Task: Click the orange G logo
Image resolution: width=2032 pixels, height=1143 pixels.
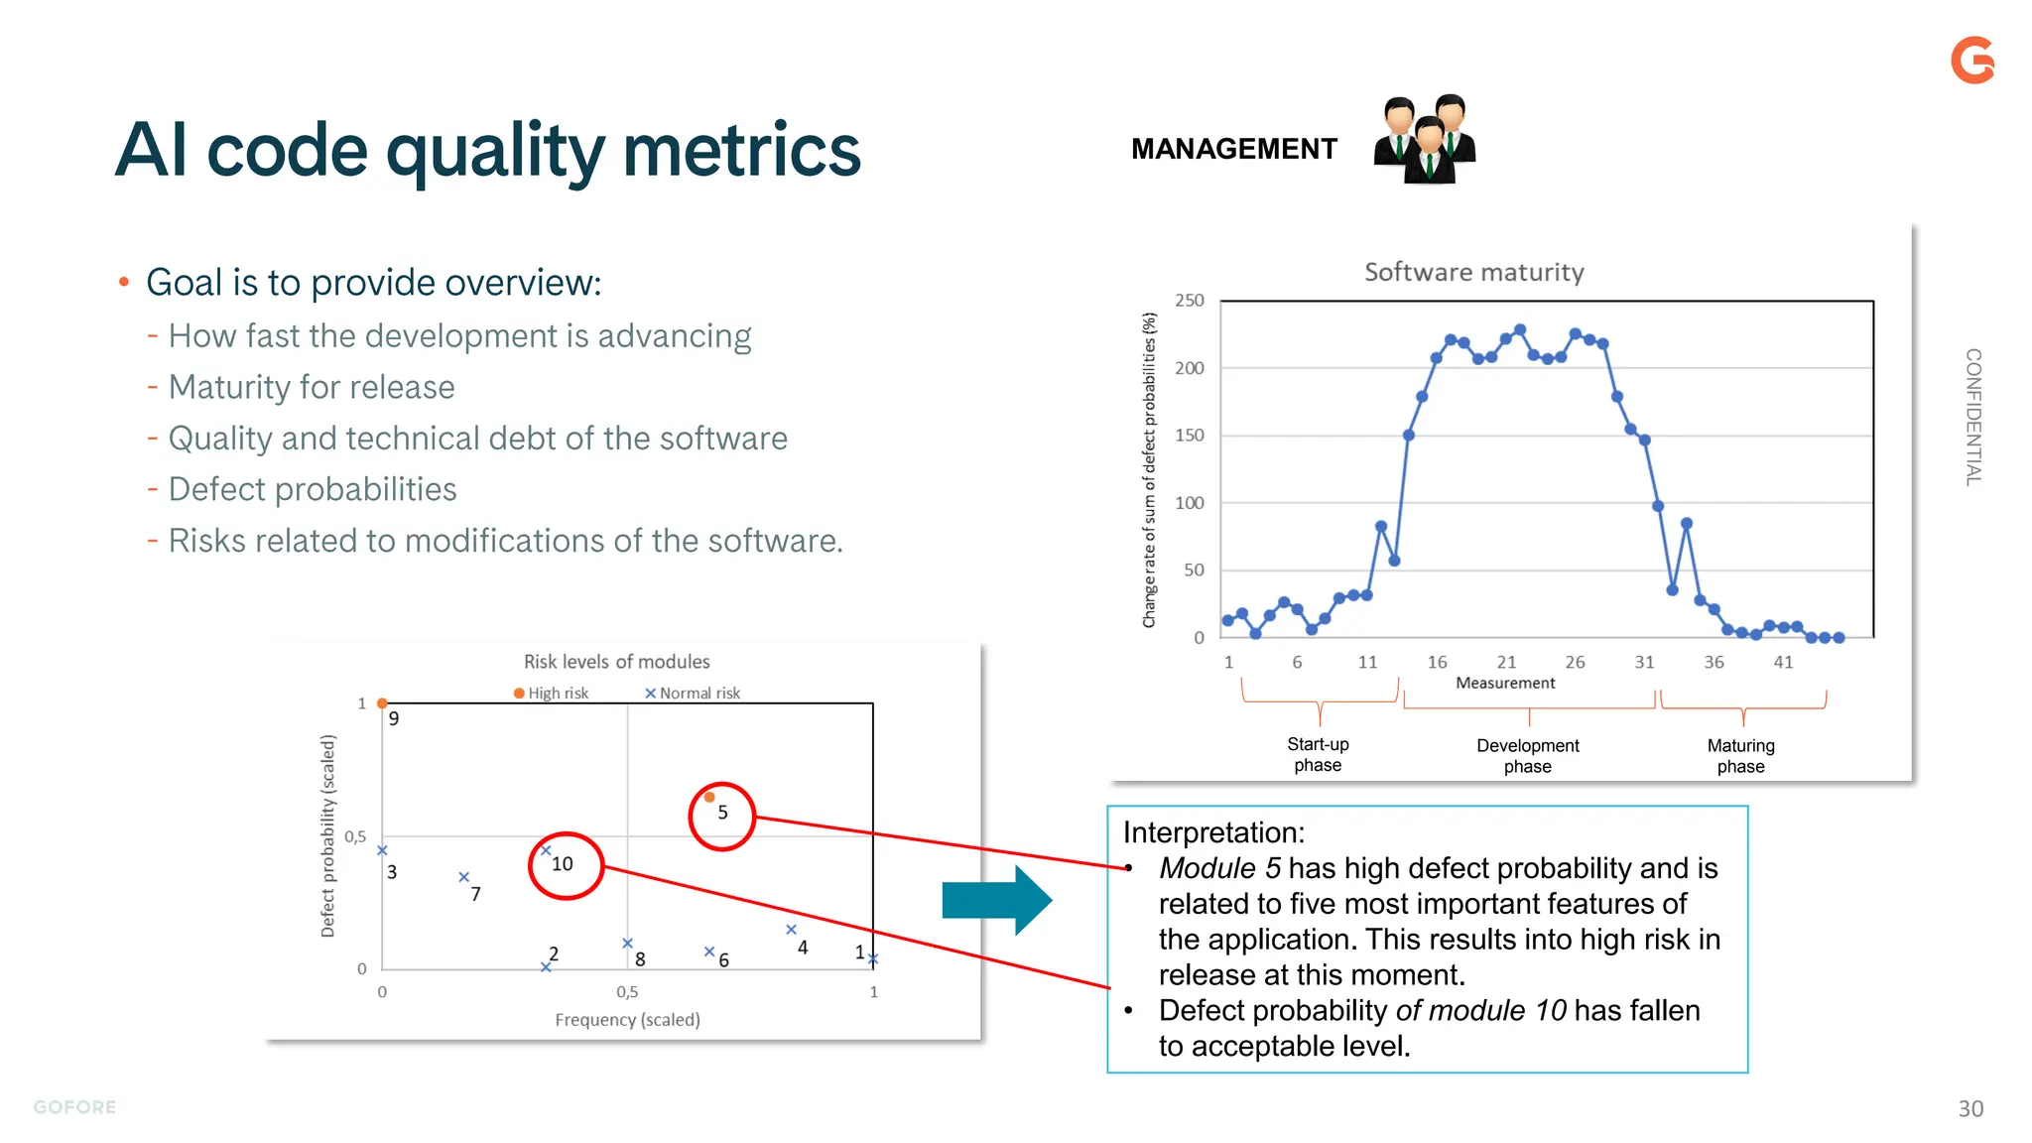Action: (x=1972, y=61)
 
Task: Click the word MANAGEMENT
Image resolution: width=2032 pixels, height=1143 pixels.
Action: (x=1233, y=149)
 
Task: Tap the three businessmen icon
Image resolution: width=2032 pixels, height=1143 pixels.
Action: (x=1425, y=140)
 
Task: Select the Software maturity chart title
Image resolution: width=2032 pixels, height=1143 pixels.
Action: (x=1473, y=272)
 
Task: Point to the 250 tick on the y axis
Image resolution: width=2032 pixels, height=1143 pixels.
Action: (x=1189, y=301)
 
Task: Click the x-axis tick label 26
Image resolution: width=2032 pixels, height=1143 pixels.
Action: (x=1575, y=662)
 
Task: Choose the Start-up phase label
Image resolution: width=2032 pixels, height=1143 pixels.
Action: (x=1318, y=754)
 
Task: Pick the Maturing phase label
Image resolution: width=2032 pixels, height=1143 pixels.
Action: (x=1740, y=755)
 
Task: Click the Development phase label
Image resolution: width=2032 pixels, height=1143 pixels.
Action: (x=1527, y=755)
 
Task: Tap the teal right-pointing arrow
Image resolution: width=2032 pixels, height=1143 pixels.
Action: (x=996, y=900)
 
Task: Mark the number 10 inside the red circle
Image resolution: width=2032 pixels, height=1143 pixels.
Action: (x=563, y=864)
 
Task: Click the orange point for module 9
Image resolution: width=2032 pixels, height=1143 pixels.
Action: (x=382, y=703)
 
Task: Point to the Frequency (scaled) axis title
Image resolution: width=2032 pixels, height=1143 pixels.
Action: (x=627, y=1020)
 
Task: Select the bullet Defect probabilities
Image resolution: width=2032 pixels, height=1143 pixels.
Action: (x=313, y=489)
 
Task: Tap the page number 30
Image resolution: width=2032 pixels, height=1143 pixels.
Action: (x=1970, y=1109)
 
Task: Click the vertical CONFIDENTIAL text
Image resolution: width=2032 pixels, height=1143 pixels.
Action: (x=1973, y=417)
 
